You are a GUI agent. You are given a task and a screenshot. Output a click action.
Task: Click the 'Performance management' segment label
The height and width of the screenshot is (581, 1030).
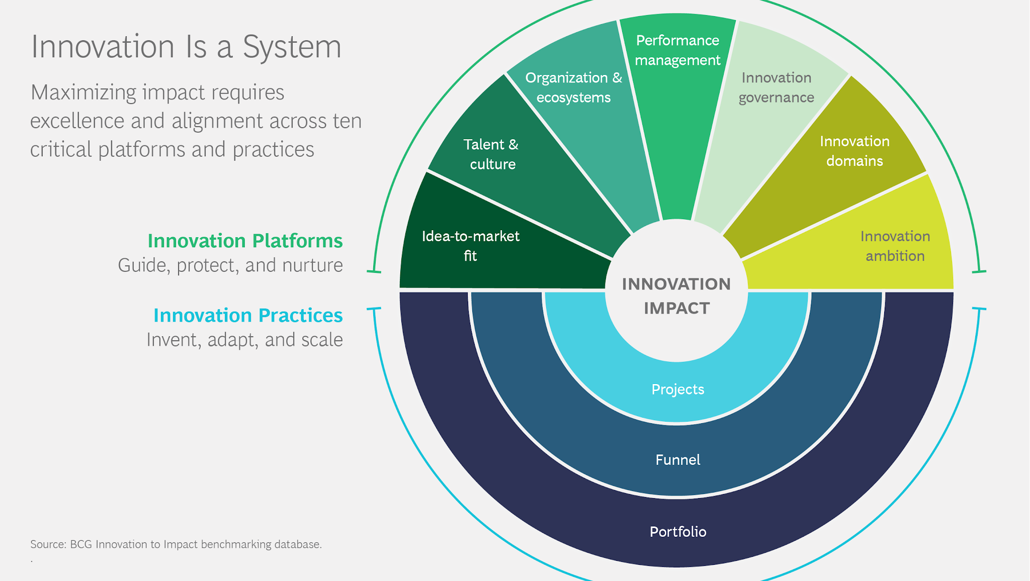tap(677, 50)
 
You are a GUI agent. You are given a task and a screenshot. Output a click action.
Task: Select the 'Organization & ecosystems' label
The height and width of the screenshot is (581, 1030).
tap(573, 87)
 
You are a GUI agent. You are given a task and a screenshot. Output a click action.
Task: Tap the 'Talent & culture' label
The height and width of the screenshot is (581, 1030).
tap(491, 154)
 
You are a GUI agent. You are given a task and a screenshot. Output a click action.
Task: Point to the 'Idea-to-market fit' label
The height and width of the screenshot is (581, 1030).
tap(470, 246)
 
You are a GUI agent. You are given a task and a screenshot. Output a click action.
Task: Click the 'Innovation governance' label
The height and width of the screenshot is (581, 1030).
tap(776, 87)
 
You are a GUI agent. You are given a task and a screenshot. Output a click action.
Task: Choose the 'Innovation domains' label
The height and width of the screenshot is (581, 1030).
tap(854, 151)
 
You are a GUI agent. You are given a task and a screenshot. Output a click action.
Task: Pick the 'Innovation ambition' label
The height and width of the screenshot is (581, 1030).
tap(895, 246)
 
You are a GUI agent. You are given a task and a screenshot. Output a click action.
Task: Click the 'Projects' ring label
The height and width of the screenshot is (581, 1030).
tap(677, 389)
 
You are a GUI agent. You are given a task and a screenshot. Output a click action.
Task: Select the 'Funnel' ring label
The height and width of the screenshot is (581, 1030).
tap(677, 459)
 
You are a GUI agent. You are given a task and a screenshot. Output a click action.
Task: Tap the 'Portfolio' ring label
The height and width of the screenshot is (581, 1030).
tap(677, 531)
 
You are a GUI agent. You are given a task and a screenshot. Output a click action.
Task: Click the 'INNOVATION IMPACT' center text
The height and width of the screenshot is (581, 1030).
tap(676, 296)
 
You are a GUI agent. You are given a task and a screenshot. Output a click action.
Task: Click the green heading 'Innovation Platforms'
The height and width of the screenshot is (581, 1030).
tap(245, 241)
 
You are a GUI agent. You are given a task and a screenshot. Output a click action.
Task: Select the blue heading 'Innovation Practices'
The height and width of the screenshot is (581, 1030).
tap(248, 315)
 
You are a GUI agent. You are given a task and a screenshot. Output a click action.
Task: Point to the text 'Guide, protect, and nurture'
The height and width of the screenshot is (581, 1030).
tap(230, 265)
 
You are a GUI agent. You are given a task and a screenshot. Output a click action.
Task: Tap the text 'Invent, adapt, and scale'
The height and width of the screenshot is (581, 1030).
tap(244, 340)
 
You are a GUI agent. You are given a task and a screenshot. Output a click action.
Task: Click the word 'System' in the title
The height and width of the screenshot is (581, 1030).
tap(292, 47)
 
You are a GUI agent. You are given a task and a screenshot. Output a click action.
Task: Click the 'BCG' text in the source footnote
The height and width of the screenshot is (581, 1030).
tap(81, 544)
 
